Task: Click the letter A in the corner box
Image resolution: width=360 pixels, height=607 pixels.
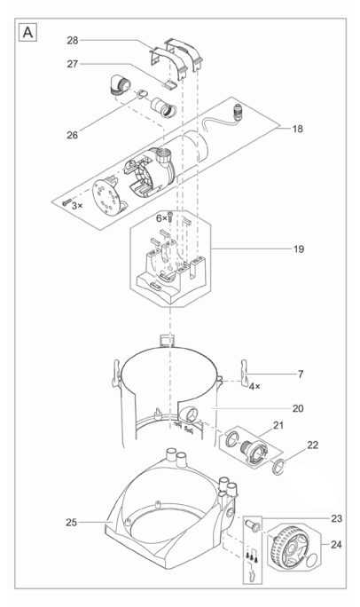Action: (27, 33)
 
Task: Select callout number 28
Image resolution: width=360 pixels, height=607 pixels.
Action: (73, 40)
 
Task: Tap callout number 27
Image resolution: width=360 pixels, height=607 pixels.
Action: (73, 64)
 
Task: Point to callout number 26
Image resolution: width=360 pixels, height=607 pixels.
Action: (73, 135)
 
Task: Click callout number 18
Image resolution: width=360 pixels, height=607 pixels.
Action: (297, 129)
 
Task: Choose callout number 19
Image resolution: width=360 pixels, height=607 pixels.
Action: (299, 248)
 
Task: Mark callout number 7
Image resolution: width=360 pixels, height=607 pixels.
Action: (301, 374)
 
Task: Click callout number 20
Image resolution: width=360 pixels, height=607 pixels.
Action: (298, 408)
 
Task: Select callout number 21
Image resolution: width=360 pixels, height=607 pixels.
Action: (278, 425)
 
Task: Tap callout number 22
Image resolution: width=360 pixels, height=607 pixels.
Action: (312, 445)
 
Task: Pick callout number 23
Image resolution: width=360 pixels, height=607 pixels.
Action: (336, 518)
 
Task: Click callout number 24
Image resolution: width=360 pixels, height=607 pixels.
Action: (336, 544)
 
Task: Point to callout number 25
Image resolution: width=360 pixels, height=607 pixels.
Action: (72, 522)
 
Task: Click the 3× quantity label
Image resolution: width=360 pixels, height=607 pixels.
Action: (77, 206)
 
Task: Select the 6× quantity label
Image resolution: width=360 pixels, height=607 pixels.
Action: (161, 218)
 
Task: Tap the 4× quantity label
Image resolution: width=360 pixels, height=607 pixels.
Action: (254, 386)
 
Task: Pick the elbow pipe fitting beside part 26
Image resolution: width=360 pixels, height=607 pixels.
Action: (117, 86)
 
